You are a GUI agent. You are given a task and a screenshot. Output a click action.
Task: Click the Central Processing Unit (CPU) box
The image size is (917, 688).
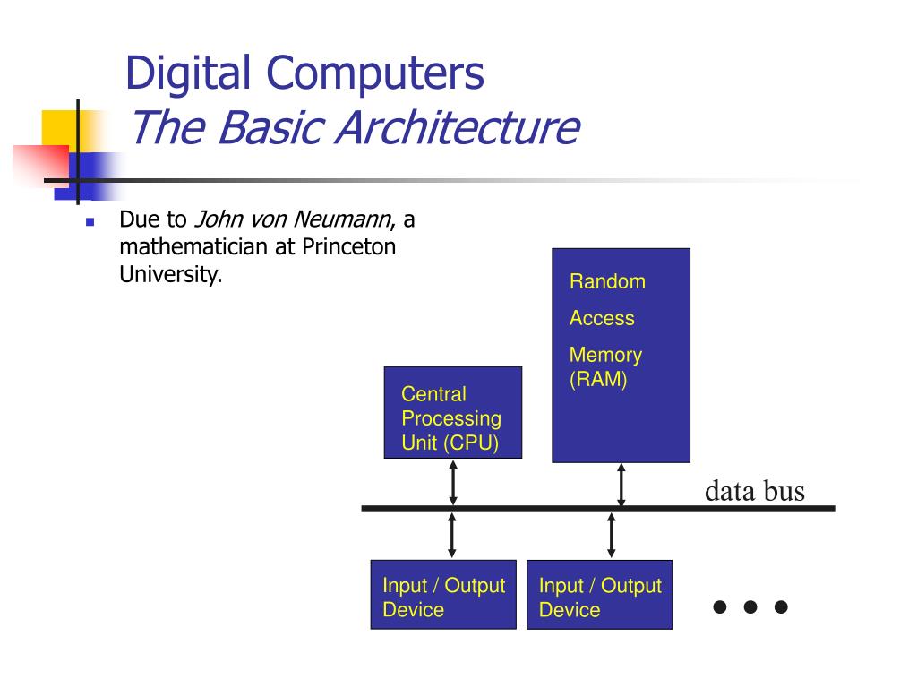coord(452,412)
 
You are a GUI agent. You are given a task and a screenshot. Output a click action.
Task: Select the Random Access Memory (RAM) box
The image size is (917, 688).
coord(621,355)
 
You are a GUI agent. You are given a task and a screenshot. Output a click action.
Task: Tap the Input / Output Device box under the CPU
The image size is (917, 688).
coord(443,594)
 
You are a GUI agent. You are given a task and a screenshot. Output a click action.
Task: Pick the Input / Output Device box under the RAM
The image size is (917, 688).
coord(599,594)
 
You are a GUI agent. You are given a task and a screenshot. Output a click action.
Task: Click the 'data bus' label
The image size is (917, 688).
coord(754,491)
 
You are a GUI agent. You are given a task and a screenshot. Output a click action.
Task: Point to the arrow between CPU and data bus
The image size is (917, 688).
coord(453,482)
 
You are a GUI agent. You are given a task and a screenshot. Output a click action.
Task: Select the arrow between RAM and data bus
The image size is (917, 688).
coord(621,485)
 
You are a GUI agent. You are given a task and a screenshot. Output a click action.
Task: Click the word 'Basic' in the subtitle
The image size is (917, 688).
coord(270,127)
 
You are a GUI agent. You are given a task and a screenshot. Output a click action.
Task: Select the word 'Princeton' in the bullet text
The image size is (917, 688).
coord(347,247)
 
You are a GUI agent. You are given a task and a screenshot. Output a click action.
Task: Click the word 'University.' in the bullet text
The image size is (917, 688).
coord(170,274)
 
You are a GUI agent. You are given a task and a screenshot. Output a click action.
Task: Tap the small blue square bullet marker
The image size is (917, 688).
coord(90,221)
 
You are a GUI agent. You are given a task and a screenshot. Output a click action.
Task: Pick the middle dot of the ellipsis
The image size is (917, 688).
coord(750,607)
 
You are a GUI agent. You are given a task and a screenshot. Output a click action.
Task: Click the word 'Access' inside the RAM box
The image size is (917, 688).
coord(602,318)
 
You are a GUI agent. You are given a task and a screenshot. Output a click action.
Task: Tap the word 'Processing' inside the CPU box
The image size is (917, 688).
coord(451,418)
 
